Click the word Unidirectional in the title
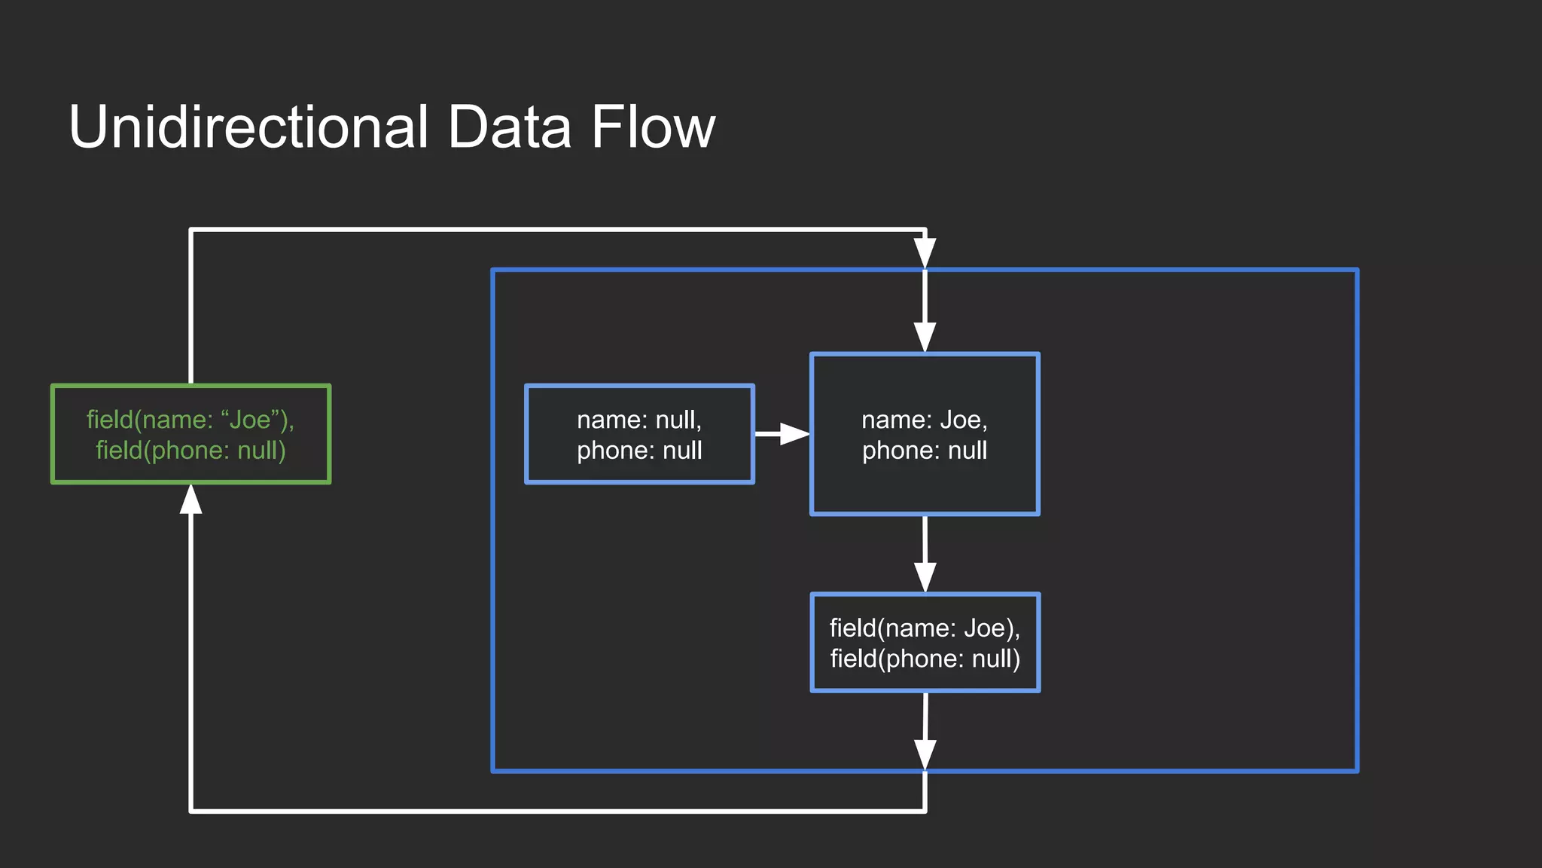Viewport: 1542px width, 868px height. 248,127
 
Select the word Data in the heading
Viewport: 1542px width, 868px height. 509,127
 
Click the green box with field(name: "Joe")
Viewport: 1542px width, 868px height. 190,434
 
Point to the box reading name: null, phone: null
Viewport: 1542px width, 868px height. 639,434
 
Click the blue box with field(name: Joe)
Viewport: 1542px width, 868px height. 925,643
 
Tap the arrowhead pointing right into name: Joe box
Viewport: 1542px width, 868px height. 794,434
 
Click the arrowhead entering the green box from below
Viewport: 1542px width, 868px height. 191,500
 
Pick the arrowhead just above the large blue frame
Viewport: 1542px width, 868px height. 925,252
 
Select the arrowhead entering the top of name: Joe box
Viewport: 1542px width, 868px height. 925,337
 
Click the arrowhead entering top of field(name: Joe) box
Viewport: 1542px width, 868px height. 925,576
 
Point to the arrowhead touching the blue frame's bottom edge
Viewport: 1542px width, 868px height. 925,753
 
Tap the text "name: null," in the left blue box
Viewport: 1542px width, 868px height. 639,420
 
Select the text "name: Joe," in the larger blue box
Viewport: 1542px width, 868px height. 925,420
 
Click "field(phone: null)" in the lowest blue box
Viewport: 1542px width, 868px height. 925,659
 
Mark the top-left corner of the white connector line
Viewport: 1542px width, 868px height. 191,230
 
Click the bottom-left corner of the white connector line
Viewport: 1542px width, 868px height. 191,811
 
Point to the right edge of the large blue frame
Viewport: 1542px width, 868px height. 1357,520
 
